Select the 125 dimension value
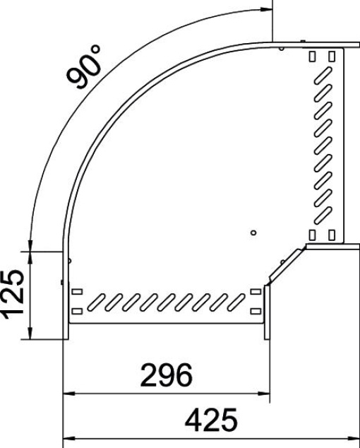pyautogui.click(x=16, y=295)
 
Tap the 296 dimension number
pyautogui.click(x=166, y=375)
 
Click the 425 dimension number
pyautogui.click(x=211, y=421)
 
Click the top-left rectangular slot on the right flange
pyautogui.click(x=313, y=55)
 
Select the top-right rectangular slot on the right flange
pyautogui.click(x=329, y=55)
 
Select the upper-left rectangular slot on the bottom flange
pyautogui.click(x=77, y=292)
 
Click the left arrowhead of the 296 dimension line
pyautogui.click(x=69, y=392)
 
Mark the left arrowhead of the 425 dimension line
pyautogui.click(x=69, y=438)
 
